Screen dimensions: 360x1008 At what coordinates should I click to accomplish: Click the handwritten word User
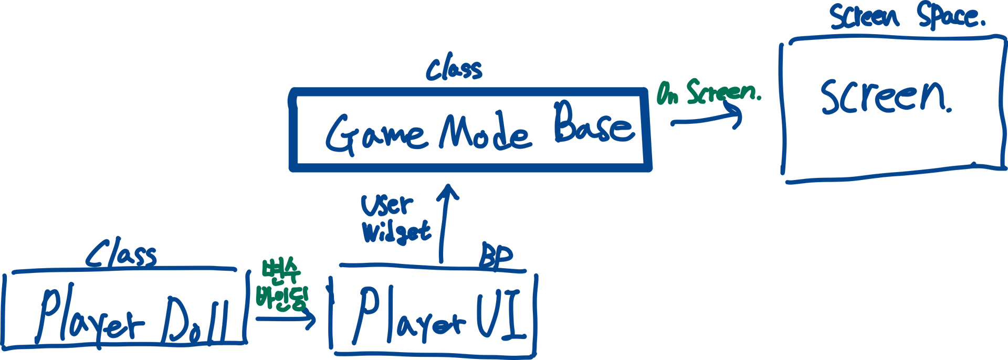(387, 205)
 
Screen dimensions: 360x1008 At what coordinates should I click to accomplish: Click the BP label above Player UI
(496, 257)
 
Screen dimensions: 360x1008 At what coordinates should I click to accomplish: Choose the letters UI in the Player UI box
(499, 314)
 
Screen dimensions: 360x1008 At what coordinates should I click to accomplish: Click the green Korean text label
(281, 285)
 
